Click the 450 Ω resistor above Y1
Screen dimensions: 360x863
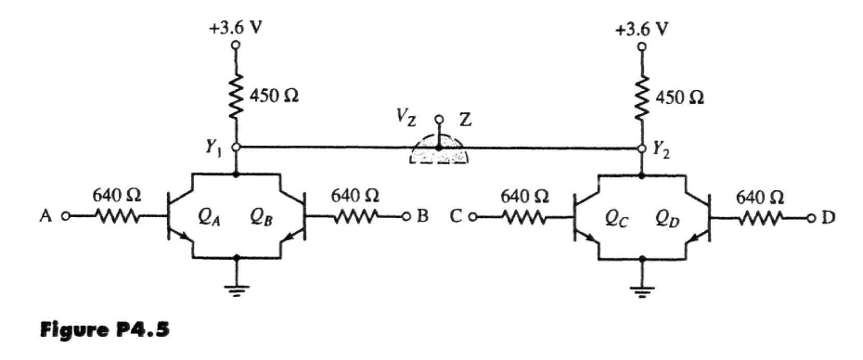(x=237, y=93)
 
